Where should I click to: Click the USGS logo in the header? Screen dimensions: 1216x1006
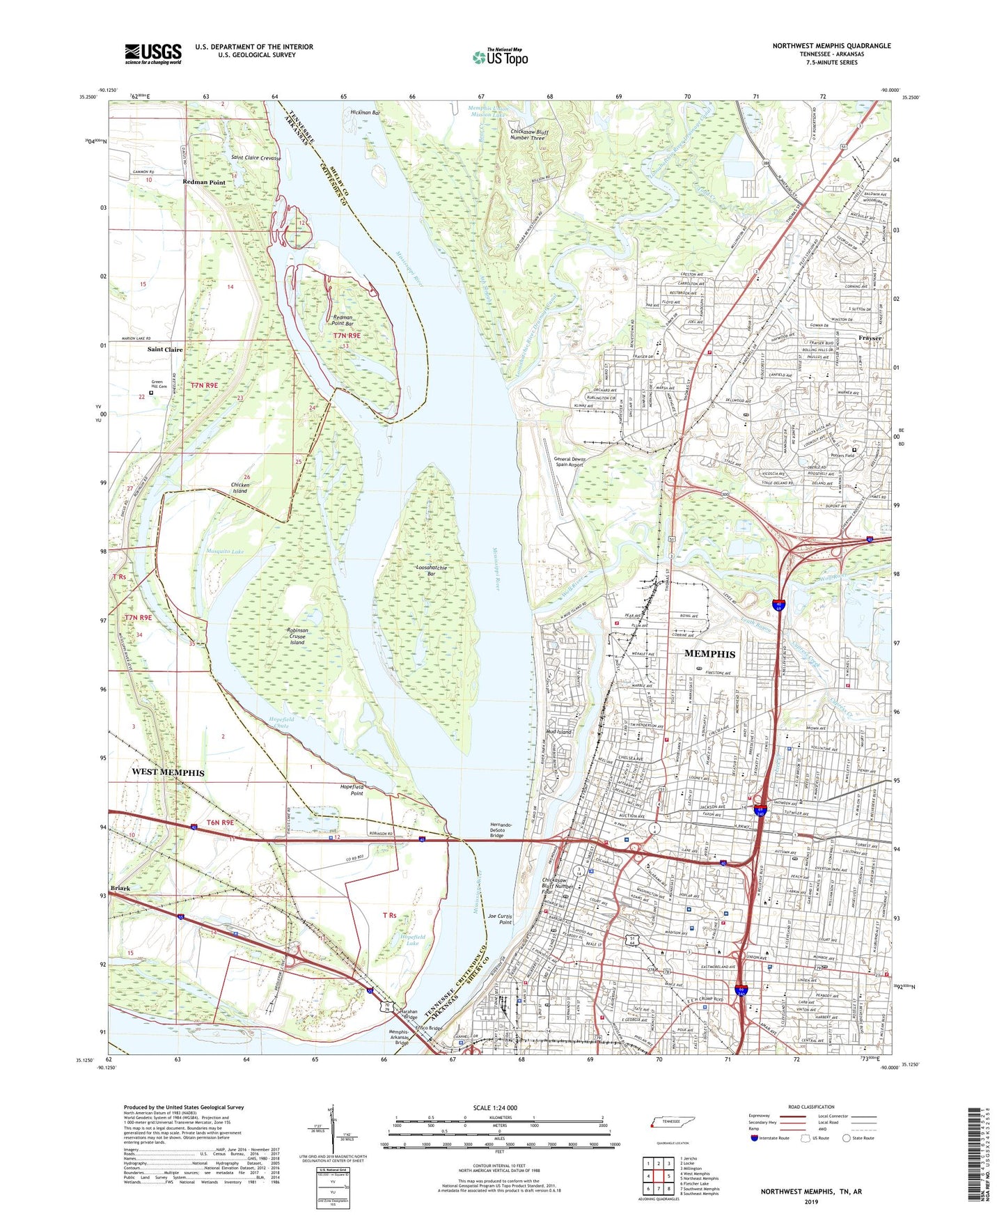tap(152, 54)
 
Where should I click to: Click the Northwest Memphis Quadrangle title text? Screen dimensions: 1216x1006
tap(831, 46)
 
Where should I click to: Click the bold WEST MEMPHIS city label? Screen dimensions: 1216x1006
tap(168, 773)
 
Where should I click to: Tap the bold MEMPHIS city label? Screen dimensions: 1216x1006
tap(709, 654)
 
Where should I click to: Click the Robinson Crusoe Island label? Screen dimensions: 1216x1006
tap(297, 636)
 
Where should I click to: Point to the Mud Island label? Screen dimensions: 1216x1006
tap(558, 732)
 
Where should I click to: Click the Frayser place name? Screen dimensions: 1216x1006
tap(870, 338)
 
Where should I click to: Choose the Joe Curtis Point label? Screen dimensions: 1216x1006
tap(500, 919)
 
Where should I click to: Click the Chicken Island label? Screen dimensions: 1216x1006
tap(239, 488)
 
